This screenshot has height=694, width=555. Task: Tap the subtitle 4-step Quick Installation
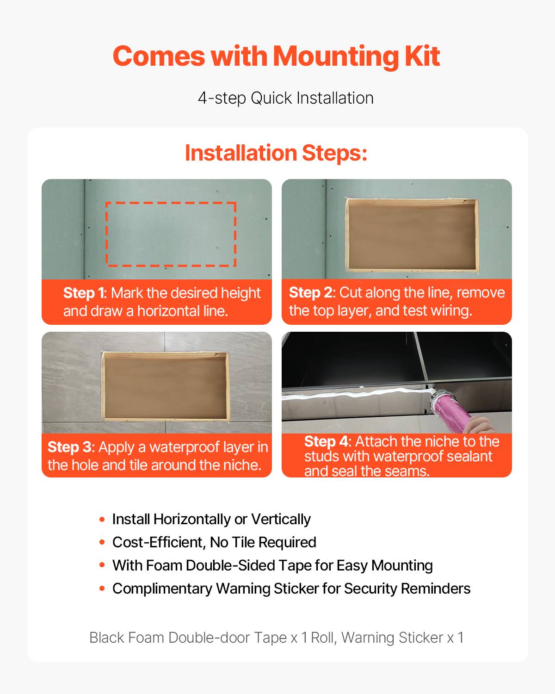tap(285, 98)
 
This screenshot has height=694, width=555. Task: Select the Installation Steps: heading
tap(276, 153)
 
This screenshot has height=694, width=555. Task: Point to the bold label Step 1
tap(84, 293)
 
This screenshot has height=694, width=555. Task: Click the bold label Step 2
tap(310, 292)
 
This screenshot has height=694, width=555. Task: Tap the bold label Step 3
tap(69, 447)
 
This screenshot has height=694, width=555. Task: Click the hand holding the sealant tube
tap(484, 426)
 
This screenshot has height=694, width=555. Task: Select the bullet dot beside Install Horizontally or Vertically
tap(102, 520)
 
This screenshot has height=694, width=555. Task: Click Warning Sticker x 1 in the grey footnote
tap(402, 638)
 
